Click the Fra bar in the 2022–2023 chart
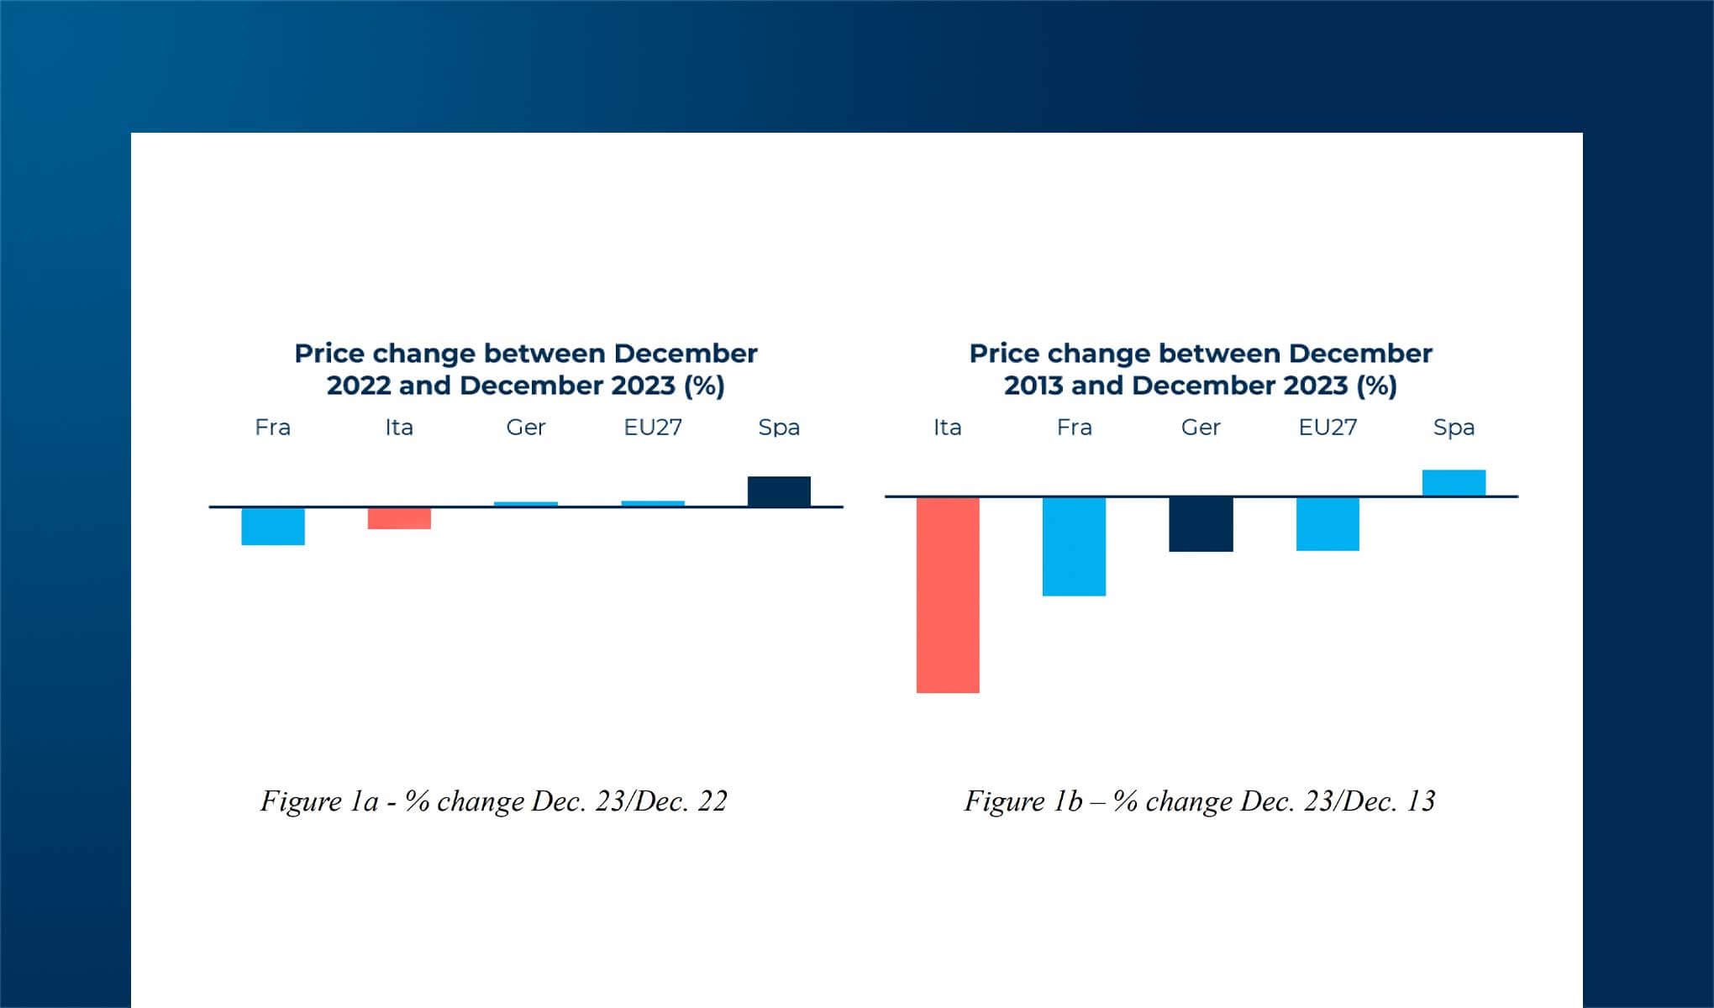(x=273, y=527)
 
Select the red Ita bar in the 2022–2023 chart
(x=399, y=518)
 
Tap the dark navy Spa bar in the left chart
(x=779, y=491)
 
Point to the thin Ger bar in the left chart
(x=526, y=504)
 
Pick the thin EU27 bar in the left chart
(x=653, y=503)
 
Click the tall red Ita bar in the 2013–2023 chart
(x=948, y=596)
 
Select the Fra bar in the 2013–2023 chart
(x=1075, y=547)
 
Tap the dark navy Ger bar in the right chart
(x=1201, y=525)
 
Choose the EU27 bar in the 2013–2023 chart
(x=1328, y=524)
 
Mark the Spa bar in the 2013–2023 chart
(x=1454, y=483)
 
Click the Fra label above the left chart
(x=273, y=428)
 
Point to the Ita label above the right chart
(x=948, y=428)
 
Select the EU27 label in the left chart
(x=653, y=428)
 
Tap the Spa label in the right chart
(x=1454, y=428)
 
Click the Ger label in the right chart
(x=1201, y=428)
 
